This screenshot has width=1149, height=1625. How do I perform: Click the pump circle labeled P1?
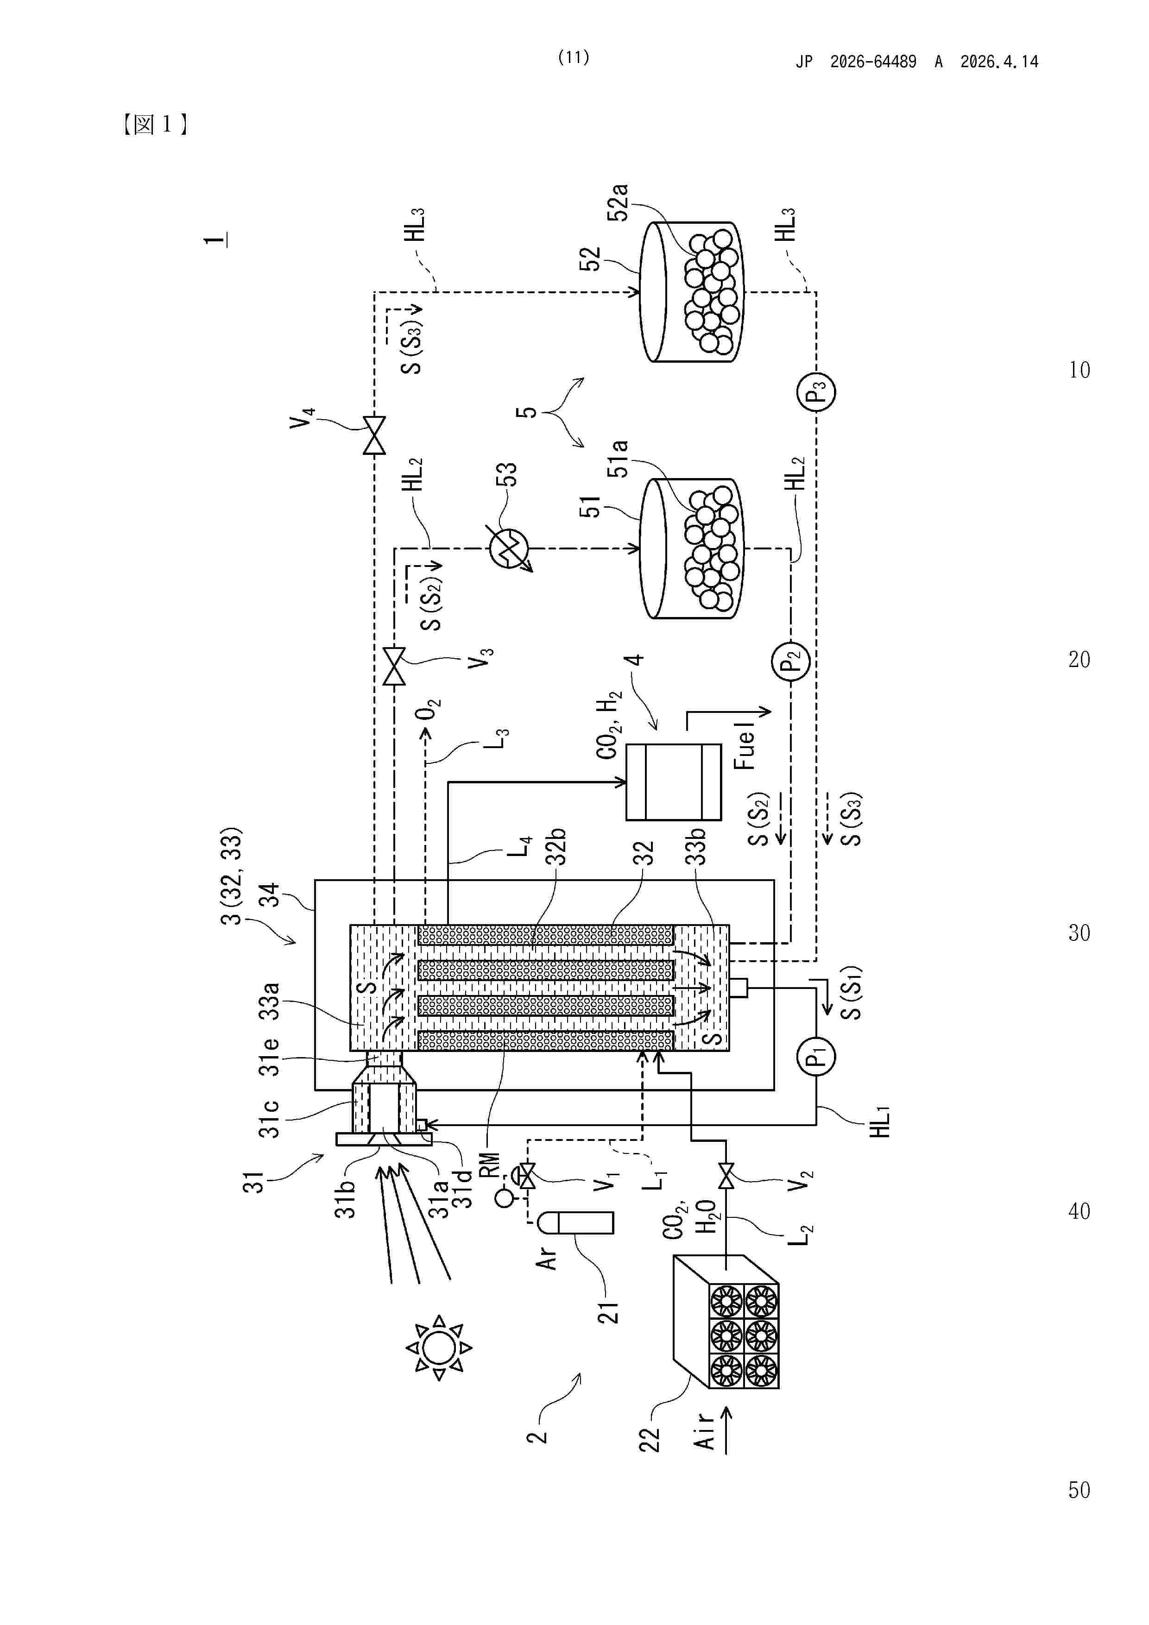(x=816, y=1057)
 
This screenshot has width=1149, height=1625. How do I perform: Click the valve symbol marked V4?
(x=374, y=435)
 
